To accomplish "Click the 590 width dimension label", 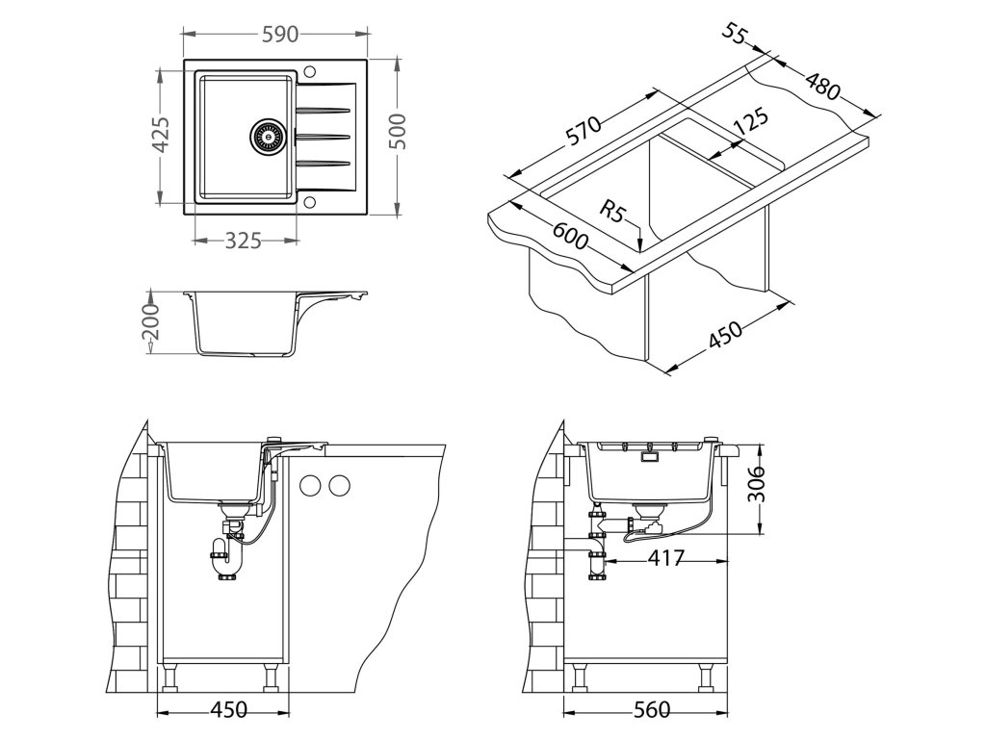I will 279,34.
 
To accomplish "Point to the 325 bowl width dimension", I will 243,241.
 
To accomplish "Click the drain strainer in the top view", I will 269,136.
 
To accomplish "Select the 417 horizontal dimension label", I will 664,558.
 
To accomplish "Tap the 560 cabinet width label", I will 651,710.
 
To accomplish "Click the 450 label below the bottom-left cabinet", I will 228,710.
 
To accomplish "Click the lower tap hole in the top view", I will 309,203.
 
